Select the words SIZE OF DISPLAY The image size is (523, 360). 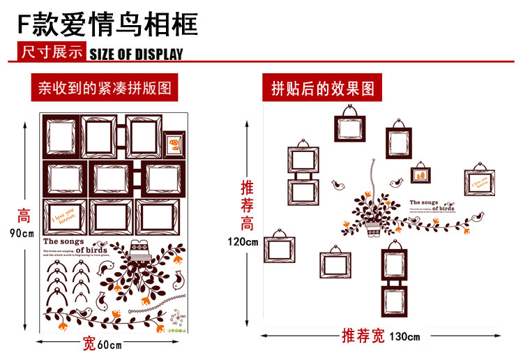point(137,54)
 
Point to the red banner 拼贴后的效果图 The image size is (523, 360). point(323,89)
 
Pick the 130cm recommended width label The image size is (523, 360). point(404,337)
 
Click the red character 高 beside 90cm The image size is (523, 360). point(23,216)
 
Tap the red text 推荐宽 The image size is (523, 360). point(363,336)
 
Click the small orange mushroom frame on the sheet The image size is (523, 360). point(174,145)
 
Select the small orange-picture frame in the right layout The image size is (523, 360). point(420,174)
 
